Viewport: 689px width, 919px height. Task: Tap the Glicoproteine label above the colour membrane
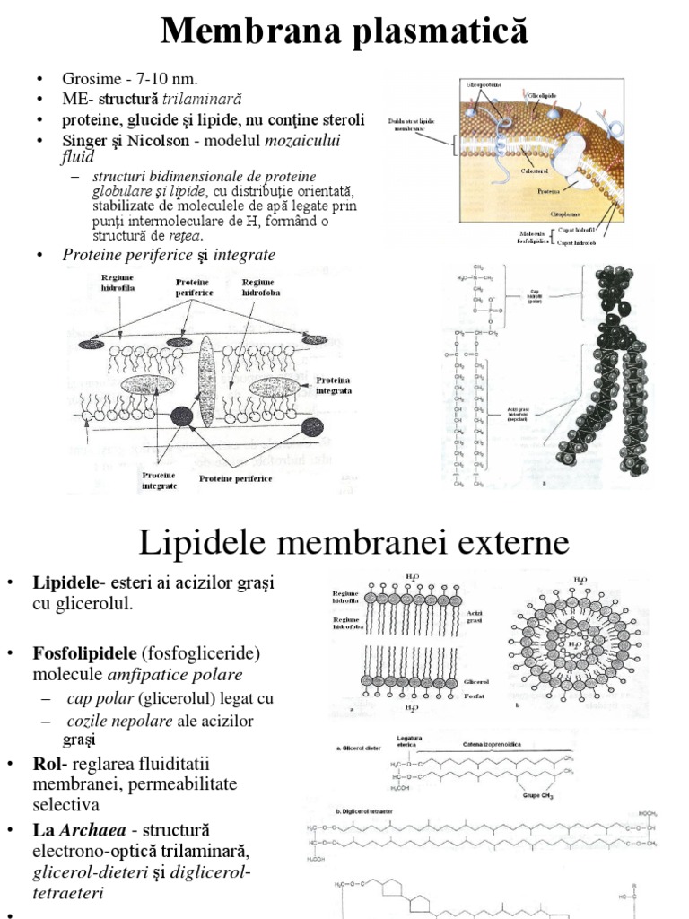(x=484, y=83)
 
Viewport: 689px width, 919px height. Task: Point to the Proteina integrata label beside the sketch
(x=333, y=385)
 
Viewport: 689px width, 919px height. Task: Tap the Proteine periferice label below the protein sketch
(x=235, y=478)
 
